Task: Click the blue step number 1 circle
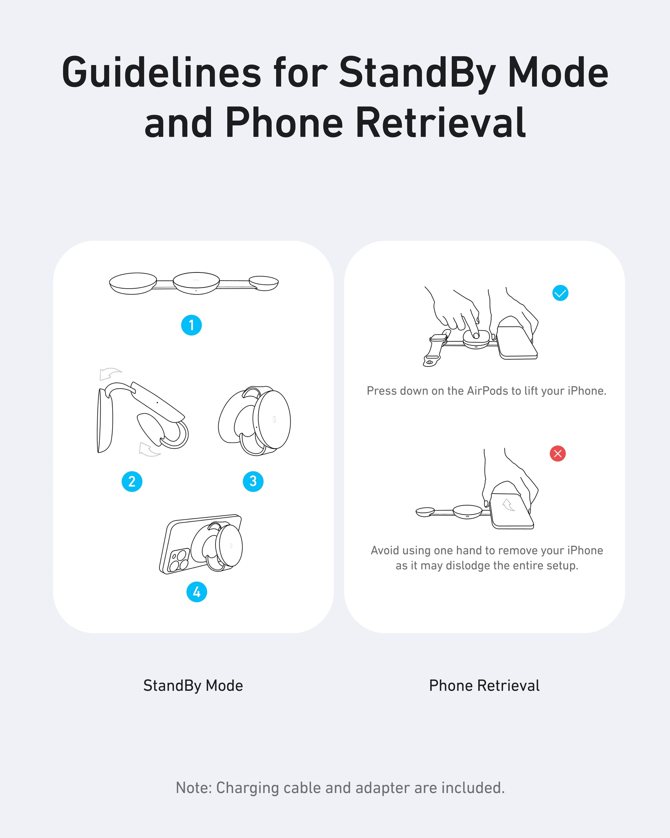point(191,325)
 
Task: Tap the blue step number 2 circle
point(132,482)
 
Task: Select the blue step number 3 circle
point(253,481)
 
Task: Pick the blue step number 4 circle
point(197,592)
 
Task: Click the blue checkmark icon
point(560,293)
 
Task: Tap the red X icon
point(558,454)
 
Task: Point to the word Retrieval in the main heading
point(441,123)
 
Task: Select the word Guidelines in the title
point(161,72)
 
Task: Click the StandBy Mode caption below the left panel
point(193,685)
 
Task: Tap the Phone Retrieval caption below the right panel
point(484,685)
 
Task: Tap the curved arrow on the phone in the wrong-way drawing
point(508,505)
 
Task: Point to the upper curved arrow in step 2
point(110,373)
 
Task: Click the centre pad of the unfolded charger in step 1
point(196,283)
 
